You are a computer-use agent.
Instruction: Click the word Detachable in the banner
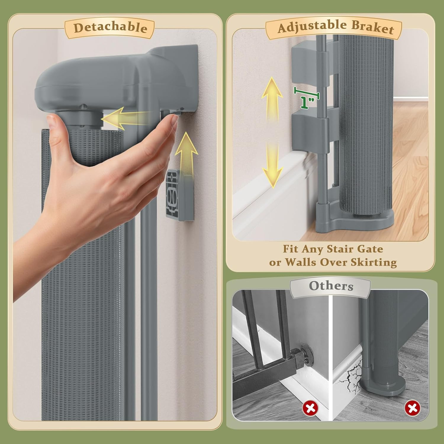pyautogui.click(x=110, y=28)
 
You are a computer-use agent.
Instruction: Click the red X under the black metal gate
pyautogui.click(x=310, y=408)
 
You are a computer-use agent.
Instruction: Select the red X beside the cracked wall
pyautogui.click(x=412, y=408)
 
